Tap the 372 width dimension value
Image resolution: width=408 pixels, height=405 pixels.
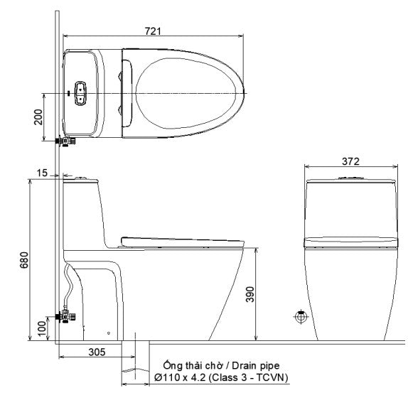point(350,161)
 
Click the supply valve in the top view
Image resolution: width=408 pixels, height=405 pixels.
point(68,141)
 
